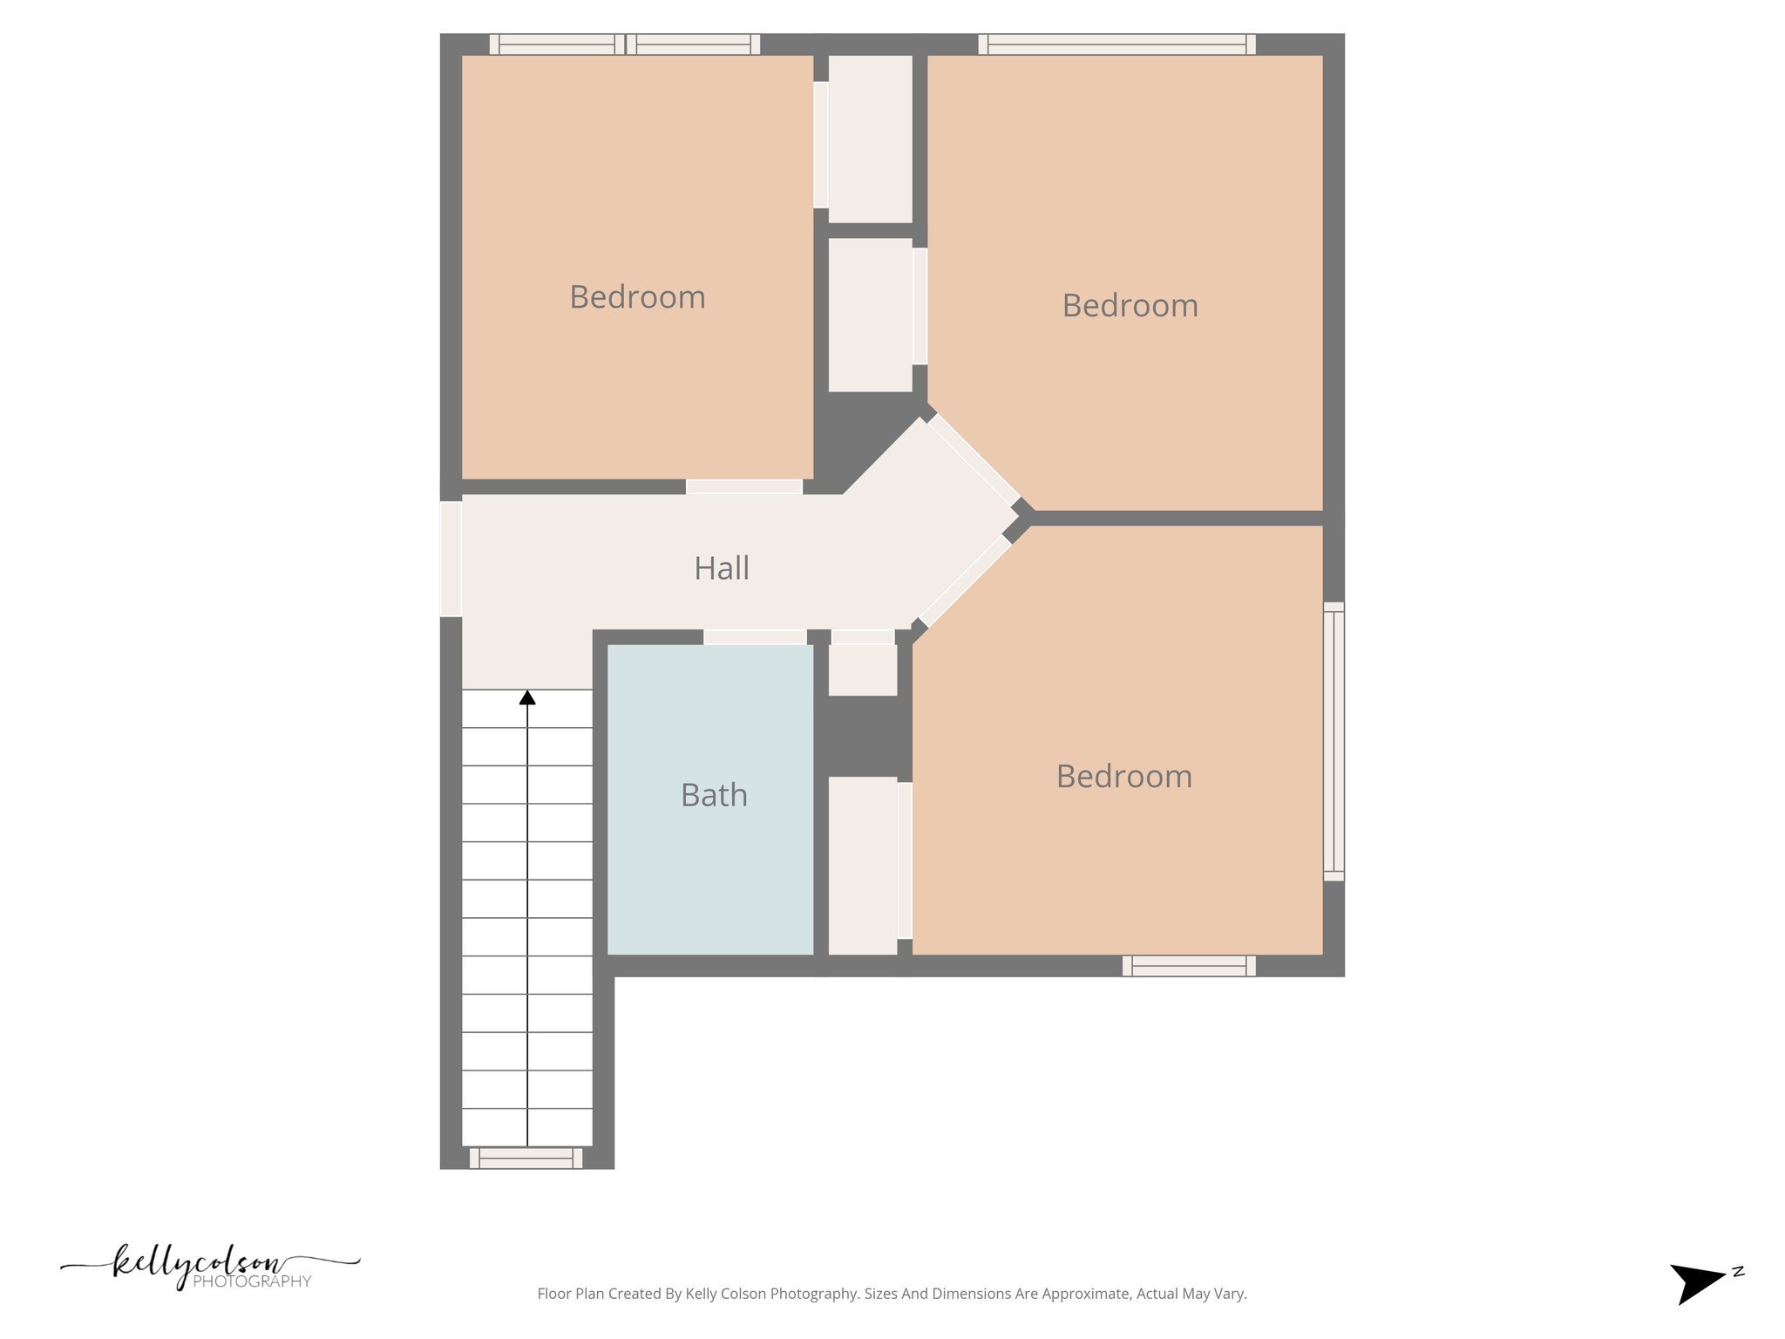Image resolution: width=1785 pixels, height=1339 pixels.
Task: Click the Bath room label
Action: point(714,795)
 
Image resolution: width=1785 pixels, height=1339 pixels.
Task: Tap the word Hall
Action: point(721,568)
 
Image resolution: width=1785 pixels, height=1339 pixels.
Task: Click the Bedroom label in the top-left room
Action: point(637,297)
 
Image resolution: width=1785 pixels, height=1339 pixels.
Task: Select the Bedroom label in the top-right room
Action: point(1130,306)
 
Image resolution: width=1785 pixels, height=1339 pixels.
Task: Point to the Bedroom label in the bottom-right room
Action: point(1123,777)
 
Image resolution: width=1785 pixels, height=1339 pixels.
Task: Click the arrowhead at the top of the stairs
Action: point(527,697)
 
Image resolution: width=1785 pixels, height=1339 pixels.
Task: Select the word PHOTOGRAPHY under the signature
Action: point(252,1281)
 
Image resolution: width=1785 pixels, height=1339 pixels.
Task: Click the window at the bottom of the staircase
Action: point(526,1158)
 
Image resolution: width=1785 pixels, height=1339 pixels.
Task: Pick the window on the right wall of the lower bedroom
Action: point(1334,741)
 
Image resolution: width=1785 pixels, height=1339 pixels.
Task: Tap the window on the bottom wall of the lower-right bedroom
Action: point(1189,966)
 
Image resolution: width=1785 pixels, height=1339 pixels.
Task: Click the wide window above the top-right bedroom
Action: point(1116,44)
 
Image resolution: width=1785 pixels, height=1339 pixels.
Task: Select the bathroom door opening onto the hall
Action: point(755,637)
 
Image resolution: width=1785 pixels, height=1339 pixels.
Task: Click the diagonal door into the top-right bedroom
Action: point(974,459)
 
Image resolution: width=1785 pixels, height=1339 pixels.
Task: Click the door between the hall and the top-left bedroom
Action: point(743,486)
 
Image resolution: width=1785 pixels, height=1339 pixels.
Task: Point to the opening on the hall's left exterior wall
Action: point(451,559)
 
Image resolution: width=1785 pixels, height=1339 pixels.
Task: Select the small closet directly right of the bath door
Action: point(862,669)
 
